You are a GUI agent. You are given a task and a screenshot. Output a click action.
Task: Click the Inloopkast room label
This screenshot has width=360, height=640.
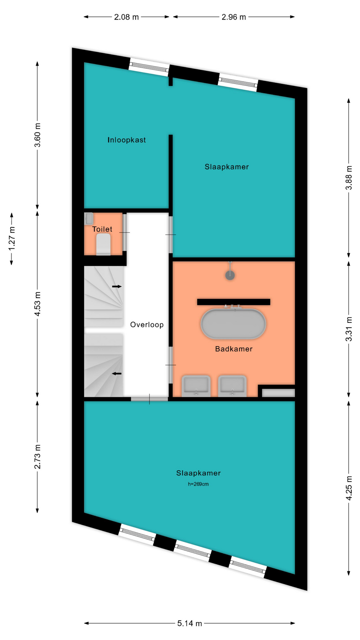click(x=127, y=140)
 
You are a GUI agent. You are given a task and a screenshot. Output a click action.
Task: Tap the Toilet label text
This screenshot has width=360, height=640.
click(x=102, y=229)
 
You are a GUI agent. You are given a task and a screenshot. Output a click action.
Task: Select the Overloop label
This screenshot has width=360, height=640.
click(x=147, y=325)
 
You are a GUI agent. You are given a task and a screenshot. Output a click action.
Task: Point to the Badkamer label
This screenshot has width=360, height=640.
click(x=234, y=349)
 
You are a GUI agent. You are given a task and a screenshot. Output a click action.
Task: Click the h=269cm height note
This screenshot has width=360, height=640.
click(x=198, y=484)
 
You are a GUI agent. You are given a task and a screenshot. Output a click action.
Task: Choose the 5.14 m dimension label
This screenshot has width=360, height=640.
click(x=190, y=623)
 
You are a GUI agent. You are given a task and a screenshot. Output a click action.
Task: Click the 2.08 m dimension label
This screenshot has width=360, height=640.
click(x=126, y=17)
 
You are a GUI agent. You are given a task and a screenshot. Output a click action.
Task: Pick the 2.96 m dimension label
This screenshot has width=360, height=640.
click(x=234, y=17)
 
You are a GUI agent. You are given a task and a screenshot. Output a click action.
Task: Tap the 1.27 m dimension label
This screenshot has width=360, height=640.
click(x=12, y=239)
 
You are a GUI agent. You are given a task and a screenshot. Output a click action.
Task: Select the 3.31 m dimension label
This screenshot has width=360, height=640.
click(x=349, y=329)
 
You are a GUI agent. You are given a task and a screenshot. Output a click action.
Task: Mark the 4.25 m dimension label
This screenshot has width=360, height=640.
click(x=349, y=488)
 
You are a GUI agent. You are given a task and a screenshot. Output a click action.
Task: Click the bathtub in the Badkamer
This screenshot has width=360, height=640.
click(x=233, y=324)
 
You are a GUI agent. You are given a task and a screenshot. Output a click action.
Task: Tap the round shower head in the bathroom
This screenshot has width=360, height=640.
click(x=230, y=275)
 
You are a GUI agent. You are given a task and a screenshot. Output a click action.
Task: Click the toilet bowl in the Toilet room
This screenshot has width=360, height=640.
click(x=103, y=244)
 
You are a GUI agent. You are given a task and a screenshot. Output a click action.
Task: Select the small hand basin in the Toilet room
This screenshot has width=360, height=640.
click(x=89, y=219)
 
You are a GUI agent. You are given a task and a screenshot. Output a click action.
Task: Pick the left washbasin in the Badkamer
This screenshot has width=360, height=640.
click(x=196, y=386)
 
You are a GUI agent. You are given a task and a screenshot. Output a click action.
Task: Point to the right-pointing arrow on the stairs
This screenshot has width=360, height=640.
click(x=117, y=286)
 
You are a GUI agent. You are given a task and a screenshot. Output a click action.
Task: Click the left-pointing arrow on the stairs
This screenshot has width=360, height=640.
click(x=117, y=374)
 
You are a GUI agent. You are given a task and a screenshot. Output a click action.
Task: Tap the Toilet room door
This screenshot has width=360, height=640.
click(x=125, y=232)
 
